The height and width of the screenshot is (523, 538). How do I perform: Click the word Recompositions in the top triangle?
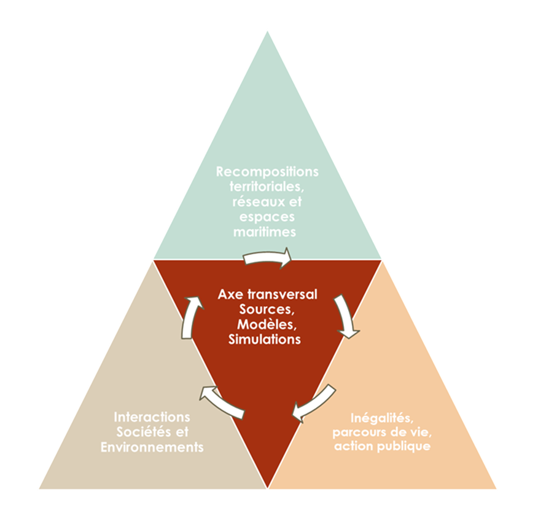coord(267,171)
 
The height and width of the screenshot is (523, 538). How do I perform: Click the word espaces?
coord(268,217)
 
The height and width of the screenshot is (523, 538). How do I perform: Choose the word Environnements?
coord(152,447)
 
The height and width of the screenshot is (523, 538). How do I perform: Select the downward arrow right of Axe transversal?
coord(346,316)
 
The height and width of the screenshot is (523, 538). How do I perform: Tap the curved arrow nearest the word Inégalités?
coord(313,404)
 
